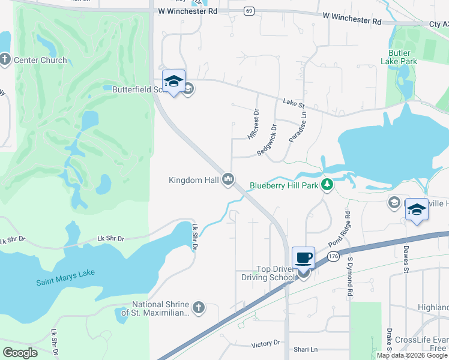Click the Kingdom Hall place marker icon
228,179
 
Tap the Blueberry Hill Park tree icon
327,184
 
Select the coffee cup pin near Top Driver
303,258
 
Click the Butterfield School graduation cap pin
173,82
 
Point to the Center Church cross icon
5,59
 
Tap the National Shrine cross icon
199,308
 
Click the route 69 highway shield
249,11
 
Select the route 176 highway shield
334,256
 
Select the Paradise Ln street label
297,127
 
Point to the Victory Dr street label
266,343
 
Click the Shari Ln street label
306,349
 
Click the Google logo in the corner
20,352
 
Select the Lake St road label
294,104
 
